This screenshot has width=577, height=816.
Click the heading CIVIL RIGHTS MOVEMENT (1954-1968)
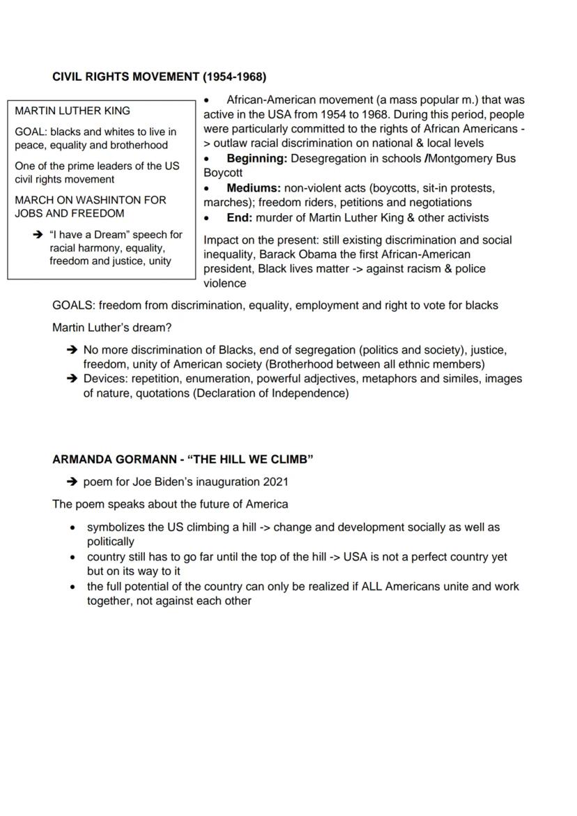pyautogui.click(x=159, y=77)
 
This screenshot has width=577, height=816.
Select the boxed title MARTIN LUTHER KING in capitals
pyautogui.click(x=72, y=111)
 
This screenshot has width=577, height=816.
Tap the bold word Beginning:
pyautogui.click(x=256, y=158)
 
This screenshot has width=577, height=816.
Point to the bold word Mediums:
pyautogui.click(x=254, y=188)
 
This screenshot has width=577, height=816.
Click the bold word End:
pyautogui.click(x=240, y=217)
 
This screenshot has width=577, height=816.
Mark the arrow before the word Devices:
pyautogui.click(x=71, y=378)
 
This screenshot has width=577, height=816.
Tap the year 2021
pyautogui.click(x=275, y=482)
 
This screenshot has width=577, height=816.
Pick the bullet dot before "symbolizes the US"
pyautogui.click(x=72, y=528)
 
